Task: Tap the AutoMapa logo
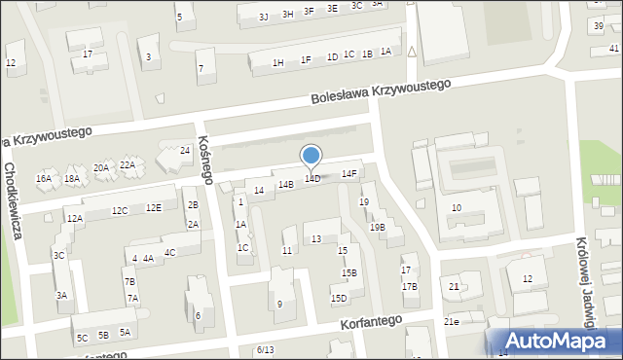pyautogui.click(x=560, y=340)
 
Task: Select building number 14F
pyautogui.click(x=348, y=174)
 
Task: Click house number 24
pyautogui.click(x=185, y=151)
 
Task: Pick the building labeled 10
pyautogui.click(x=457, y=207)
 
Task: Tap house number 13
pyautogui.click(x=316, y=238)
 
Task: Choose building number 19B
pyautogui.click(x=377, y=227)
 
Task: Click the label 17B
pyautogui.click(x=410, y=286)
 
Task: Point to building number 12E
pyautogui.click(x=154, y=207)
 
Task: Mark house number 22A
pyautogui.click(x=128, y=165)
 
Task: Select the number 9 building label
pyautogui.click(x=279, y=305)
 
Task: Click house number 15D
pyautogui.click(x=339, y=299)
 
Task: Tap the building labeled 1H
pyautogui.click(x=277, y=63)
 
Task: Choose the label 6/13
pyautogui.click(x=266, y=349)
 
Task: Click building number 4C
pyautogui.click(x=169, y=253)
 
